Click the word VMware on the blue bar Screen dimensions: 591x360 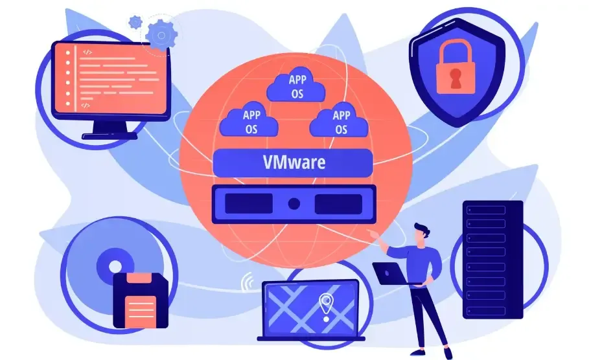(294, 163)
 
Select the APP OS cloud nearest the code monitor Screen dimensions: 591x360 (249, 119)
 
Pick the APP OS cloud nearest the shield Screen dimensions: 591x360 (339, 119)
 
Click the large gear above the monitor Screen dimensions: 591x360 (162, 36)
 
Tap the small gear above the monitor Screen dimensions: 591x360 (135, 22)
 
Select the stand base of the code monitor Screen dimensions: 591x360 (110, 136)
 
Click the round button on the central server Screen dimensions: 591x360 (294, 204)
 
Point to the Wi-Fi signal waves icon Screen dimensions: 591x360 (248, 282)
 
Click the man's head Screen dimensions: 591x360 (421, 232)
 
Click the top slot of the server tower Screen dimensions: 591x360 (486, 210)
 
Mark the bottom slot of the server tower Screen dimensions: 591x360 (486, 311)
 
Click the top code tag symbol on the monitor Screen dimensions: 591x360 (87, 52)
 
